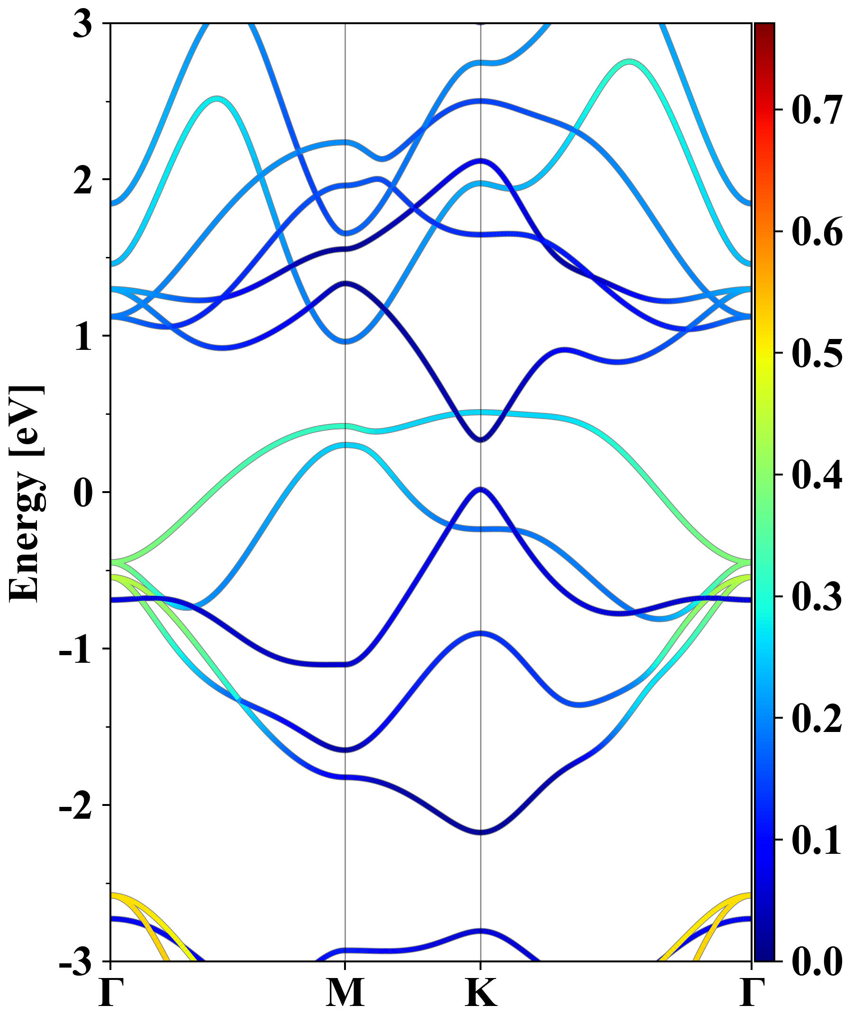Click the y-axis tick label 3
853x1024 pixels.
83,24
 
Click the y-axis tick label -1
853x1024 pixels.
76,649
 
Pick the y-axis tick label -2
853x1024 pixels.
76,806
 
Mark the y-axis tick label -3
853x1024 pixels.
76,962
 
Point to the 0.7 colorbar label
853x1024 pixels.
817,110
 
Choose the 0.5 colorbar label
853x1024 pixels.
817,354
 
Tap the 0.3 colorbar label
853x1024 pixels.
817,597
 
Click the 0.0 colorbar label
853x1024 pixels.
817,961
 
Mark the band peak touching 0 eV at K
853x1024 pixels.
481,489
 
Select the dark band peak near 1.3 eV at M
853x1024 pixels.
345,283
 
